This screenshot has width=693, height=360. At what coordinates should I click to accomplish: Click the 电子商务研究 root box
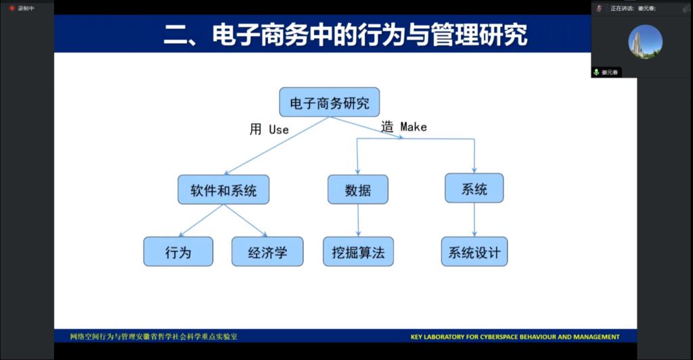click(x=330, y=103)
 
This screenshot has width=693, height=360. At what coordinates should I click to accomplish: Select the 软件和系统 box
click(x=223, y=190)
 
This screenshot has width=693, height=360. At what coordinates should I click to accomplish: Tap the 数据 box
click(x=358, y=190)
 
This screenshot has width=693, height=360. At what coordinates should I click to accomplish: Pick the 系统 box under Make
click(x=474, y=189)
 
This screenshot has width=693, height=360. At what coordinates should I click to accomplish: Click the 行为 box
click(x=178, y=252)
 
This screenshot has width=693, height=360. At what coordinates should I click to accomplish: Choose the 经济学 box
click(x=267, y=252)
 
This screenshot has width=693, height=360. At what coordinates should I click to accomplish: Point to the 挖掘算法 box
click(x=358, y=252)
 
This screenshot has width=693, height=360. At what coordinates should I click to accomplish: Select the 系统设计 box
click(x=474, y=252)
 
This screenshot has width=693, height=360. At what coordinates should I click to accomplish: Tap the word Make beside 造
click(x=413, y=127)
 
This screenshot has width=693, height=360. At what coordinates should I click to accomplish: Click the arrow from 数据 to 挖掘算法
click(x=358, y=220)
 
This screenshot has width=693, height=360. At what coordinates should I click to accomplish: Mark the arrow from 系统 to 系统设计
click(x=474, y=219)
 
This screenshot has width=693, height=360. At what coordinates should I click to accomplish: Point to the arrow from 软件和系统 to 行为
click(x=202, y=220)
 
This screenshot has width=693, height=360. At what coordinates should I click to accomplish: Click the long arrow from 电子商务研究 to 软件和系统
click(x=277, y=146)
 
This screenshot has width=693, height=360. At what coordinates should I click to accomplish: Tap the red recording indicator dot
click(x=12, y=8)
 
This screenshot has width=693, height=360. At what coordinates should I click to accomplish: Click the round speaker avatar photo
click(x=645, y=41)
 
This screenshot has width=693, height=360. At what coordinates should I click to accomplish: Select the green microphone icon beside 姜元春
click(x=596, y=72)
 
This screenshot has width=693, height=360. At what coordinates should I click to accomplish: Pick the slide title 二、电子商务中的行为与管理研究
click(x=345, y=35)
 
